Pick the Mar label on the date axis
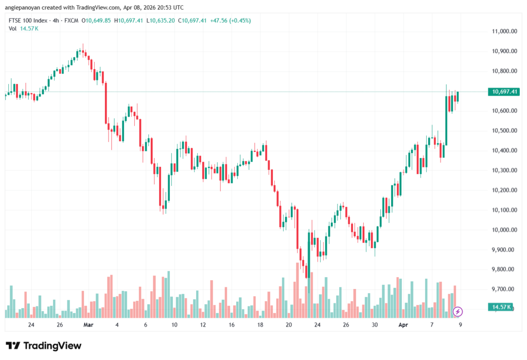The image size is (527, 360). (88, 325)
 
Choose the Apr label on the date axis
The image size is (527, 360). (403, 325)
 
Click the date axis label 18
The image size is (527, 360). (260, 325)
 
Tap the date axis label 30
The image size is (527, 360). (375, 325)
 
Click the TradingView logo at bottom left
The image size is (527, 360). (43, 346)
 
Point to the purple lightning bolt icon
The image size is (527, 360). (458, 312)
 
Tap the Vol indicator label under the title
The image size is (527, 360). (13, 28)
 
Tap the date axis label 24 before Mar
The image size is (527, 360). (31, 325)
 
